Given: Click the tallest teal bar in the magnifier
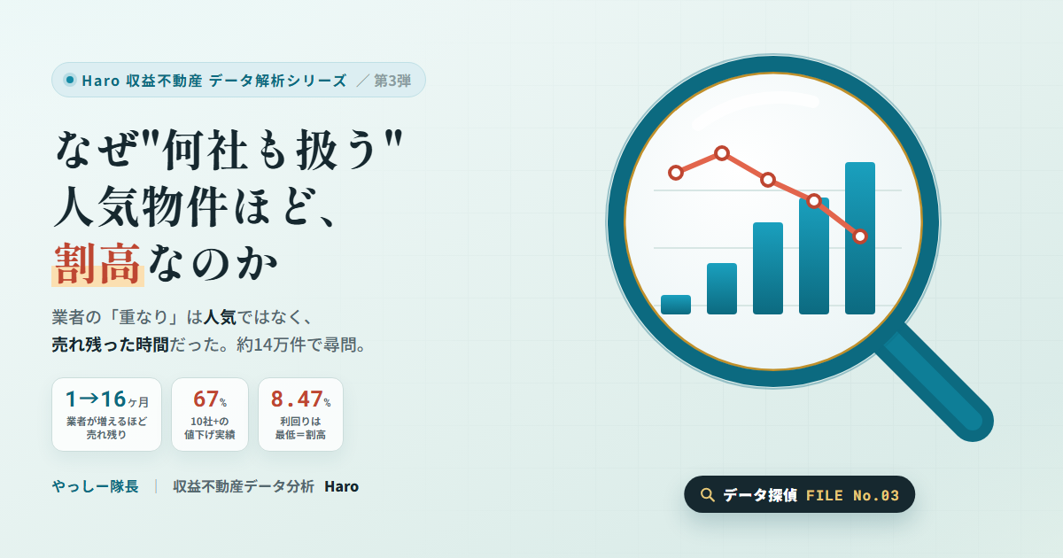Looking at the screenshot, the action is tap(860, 238).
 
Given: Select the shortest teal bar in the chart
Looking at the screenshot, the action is tap(676, 305).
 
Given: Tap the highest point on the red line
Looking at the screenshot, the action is tap(722, 153).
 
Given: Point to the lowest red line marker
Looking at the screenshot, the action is tap(860, 236).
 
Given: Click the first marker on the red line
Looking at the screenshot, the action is tap(676, 173).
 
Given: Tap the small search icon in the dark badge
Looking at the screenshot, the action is tap(707, 495).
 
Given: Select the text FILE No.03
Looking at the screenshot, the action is tap(852, 495).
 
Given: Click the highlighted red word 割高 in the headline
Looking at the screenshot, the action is tap(97, 264).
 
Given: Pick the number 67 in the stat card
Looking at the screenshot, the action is tap(206, 399).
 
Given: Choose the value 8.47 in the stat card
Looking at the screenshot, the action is tap(297, 399).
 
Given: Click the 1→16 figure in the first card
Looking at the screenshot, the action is tap(96, 399).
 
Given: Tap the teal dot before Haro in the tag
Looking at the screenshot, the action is tap(70, 80).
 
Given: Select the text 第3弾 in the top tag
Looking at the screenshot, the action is tap(392, 81).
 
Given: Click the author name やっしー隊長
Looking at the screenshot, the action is tap(96, 486).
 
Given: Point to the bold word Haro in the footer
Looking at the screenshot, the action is tap(342, 486).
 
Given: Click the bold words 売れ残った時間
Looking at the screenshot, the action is tap(111, 345).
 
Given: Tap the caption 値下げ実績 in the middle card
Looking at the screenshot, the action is tap(210, 435).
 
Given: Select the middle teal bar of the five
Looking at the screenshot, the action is tap(768, 268).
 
